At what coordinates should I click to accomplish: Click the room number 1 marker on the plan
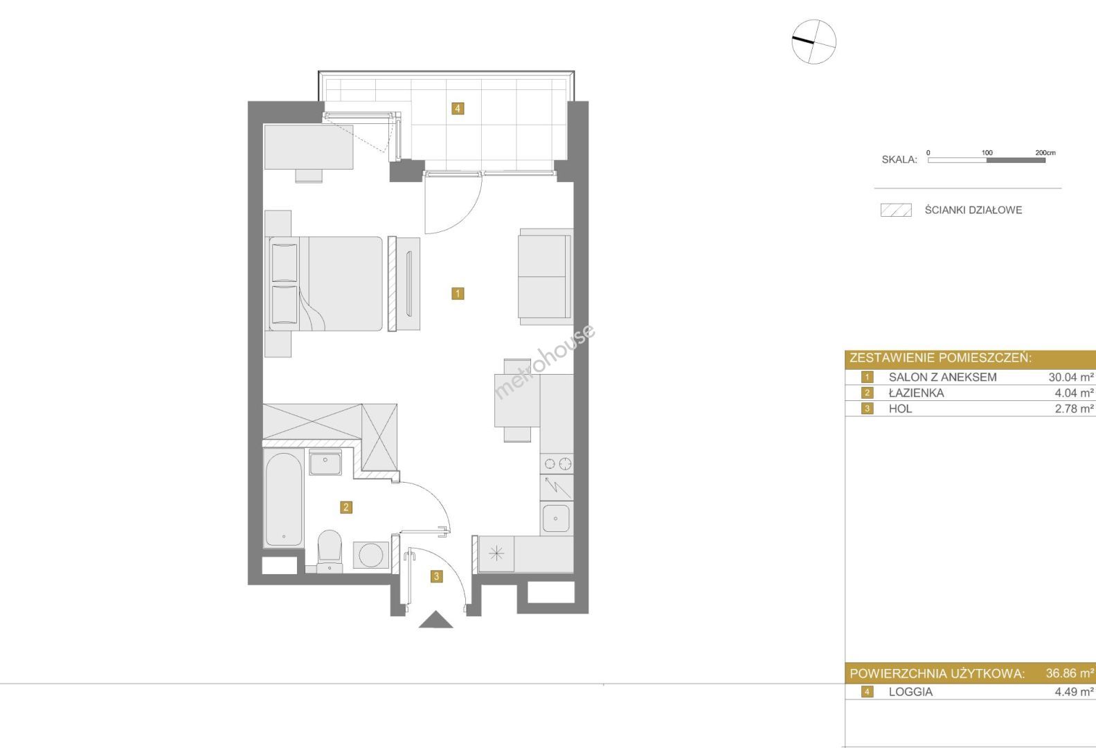pyautogui.click(x=458, y=294)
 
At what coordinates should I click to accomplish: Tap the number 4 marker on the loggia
pyautogui.click(x=458, y=108)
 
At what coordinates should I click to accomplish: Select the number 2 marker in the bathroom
pyautogui.click(x=346, y=507)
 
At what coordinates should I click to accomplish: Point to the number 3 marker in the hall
pyautogui.click(x=436, y=576)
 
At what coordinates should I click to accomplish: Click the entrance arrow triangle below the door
pyautogui.click(x=435, y=620)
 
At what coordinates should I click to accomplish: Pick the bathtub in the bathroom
pyautogui.click(x=283, y=499)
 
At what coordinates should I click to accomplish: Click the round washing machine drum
pyautogui.click(x=370, y=555)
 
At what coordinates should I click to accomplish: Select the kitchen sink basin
pyautogui.click(x=557, y=518)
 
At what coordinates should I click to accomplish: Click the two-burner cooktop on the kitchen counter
pyautogui.click(x=557, y=463)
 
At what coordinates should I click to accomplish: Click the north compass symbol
pyautogui.click(x=814, y=42)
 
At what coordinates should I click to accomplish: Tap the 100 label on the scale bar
pyautogui.click(x=987, y=153)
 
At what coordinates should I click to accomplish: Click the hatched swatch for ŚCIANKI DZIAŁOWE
pyautogui.click(x=896, y=210)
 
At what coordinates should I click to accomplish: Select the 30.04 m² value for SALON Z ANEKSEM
pyautogui.click(x=1071, y=377)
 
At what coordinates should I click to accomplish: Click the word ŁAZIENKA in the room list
pyautogui.click(x=916, y=393)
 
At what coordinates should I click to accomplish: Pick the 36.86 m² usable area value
pyautogui.click(x=1070, y=673)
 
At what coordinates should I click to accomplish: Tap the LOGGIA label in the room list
pyautogui.click(x=910, y=692)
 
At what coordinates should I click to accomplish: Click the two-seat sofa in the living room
pyautogui.click(x=545, y=276)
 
